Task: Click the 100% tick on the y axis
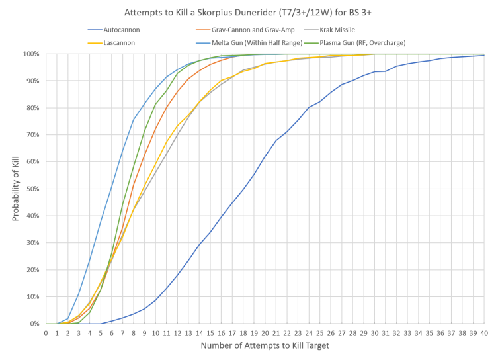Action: [32, 53]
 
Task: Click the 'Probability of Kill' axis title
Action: [19, 189]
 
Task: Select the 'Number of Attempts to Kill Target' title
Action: [265, 345]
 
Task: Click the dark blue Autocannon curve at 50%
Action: [243, 189]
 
